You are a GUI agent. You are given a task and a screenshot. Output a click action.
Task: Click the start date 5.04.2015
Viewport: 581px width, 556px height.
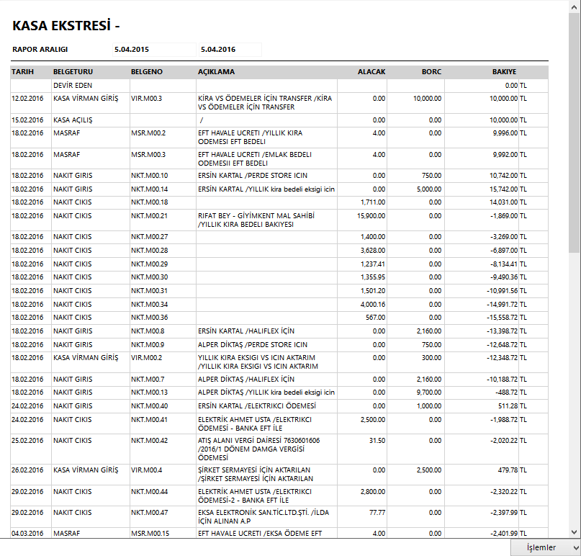coord(131,49)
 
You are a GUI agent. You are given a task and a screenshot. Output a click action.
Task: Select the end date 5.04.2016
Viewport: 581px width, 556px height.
coord(218,49)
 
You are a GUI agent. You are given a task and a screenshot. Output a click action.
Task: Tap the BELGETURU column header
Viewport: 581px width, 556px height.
coord(73,72)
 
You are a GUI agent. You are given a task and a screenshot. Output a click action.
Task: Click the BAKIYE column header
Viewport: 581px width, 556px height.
coord(504,72)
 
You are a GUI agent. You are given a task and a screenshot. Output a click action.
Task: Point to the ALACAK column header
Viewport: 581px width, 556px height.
coord(371,72)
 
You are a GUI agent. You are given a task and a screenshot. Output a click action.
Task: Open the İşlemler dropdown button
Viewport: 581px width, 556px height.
coord(546,547)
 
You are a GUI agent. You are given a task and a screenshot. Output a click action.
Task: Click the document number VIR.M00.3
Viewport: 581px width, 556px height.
coord(146,98)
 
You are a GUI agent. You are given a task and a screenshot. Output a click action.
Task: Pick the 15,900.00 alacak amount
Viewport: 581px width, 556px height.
coord(371,215)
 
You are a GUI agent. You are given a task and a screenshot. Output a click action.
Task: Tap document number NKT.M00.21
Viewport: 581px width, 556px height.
coord(149,215)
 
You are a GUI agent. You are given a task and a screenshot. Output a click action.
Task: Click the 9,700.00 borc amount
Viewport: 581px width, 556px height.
coord(429,393)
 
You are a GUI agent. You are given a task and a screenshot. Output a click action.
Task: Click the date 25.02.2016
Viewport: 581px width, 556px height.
coord(27,440)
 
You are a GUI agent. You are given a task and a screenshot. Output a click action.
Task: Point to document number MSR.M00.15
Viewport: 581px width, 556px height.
coord(149,534)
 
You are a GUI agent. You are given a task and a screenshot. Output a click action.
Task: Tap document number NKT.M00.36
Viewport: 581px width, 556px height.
coord(149,318)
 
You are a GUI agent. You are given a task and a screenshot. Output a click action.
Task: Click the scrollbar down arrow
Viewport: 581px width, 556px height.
coord(574,532)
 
